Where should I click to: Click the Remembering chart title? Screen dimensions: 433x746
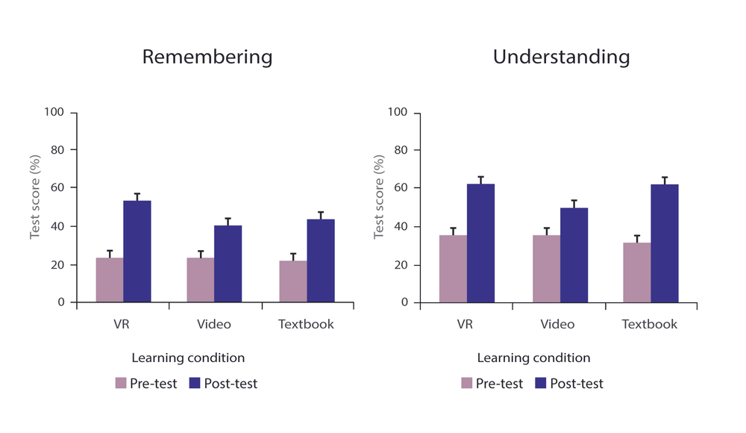[x=207, y=57]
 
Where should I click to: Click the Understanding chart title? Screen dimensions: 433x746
[x=561, y=57]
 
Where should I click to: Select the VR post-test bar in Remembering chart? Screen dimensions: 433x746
[x=137, y=252]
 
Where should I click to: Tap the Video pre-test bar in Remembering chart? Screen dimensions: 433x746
[x=201, y=280]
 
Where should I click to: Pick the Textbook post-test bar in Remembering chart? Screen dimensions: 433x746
[x=321, y=261]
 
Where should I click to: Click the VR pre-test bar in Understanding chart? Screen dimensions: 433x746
[x=453, y=269]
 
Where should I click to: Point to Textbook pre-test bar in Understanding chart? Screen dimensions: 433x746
[x=636, y=272]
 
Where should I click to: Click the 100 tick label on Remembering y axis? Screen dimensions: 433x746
[x=56, y=113]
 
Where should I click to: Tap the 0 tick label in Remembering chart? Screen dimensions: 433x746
[x=62, y=302]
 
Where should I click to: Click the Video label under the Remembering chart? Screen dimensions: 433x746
[x=214, y=324]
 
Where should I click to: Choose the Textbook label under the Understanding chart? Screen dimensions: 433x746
[x=650, y=324]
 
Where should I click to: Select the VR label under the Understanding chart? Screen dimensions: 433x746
[x=466, y=324]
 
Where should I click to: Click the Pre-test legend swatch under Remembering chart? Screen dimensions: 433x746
[x=121, y=383]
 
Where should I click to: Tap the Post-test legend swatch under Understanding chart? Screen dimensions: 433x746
[x=542, y=383]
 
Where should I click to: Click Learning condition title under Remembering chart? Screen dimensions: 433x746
[x=188, y=358]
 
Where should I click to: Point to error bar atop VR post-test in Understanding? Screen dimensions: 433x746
[x=481, y=180]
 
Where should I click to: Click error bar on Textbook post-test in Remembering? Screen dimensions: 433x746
[x=321, y=215]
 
